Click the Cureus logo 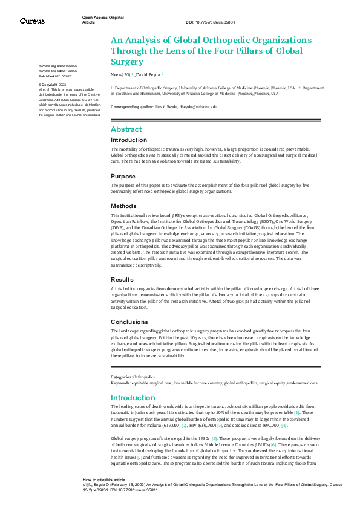[x=32, y=21]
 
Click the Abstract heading [x=126, y=129]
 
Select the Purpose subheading [x=123, y=177]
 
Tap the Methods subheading [x=124, y=206]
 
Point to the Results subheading [x=123, y=280]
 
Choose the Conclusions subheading [x=129, y=322]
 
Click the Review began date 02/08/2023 [x=72, y=65]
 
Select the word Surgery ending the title [x=127, y=61]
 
